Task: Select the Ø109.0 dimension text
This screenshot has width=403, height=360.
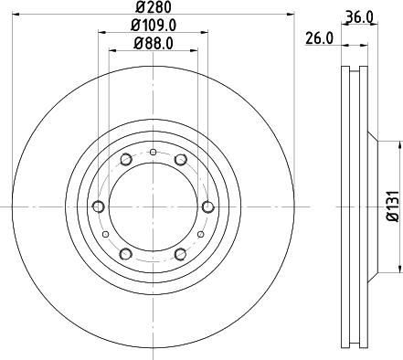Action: pyautogui.click(x=154, y=26)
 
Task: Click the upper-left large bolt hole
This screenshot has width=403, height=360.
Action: pyautogui.click(x=126, y=161)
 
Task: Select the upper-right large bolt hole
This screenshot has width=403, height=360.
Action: pyautogui.click(x=181, y=161)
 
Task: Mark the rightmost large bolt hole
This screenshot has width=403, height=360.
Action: pyautogui.click(x=207, y=206)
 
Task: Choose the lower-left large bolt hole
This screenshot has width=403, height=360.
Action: pyautogui.click(x=126, y=253)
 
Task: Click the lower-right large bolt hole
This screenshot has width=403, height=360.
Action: pyautogui.click(x=181, y=253)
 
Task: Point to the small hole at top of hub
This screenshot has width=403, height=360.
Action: pyautogui.click(x=154, y=152)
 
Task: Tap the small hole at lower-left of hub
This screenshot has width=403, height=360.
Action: pyautogui.click(x=106, y=234)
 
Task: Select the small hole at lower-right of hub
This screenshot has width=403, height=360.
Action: pyautogui.click(x=201, y=234)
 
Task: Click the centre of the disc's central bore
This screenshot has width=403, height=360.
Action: pyautogui.click(x=154, y=206)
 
